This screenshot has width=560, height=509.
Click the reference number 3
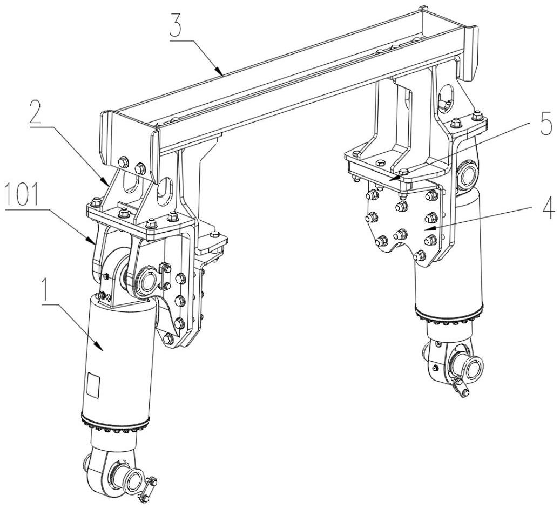tap(175, 24)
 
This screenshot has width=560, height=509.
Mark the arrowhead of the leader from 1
tap(99, 346)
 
